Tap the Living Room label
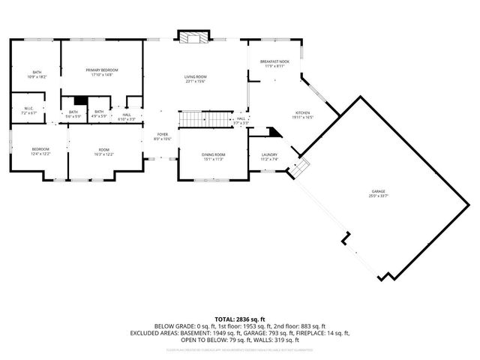196,79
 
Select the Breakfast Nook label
274,64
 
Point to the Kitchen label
302,115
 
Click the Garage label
377,193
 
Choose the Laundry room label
269,157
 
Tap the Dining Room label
213,157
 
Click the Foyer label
163,136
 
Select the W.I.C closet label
28,110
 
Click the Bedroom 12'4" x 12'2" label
40,151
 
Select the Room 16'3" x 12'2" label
104,151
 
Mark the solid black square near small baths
81,100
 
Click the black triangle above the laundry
275,132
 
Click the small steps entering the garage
298,169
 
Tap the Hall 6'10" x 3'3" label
127,117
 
